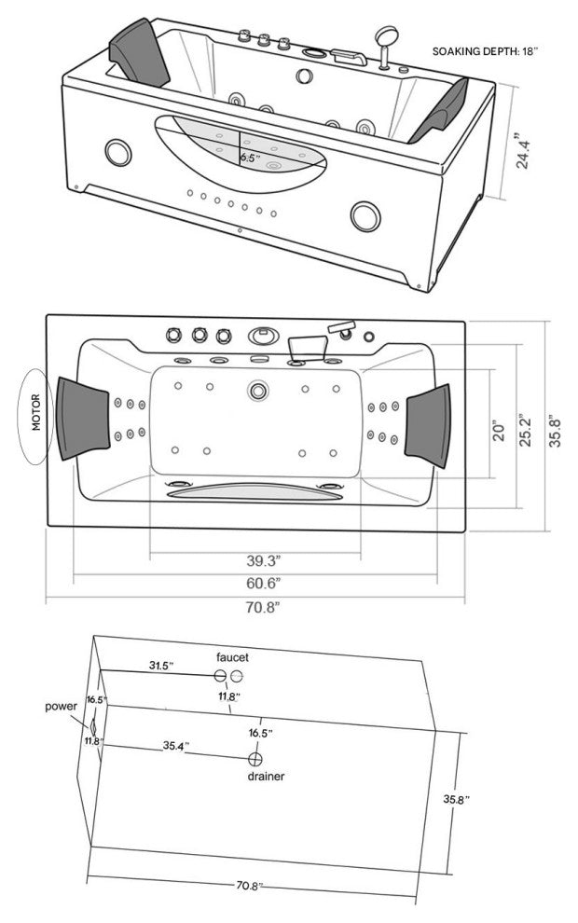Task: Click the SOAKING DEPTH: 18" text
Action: click(485, 51)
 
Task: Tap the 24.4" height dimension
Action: click(523, 151)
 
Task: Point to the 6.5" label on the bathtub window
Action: click(250, 158)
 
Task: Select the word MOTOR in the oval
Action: click(36, 412)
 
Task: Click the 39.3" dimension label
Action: click(263, 560)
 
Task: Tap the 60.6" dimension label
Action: click(263, 584)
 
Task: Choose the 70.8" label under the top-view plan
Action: click(262, 608)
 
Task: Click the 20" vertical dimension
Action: click(499, 431)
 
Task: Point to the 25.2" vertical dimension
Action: click(526, 431)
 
